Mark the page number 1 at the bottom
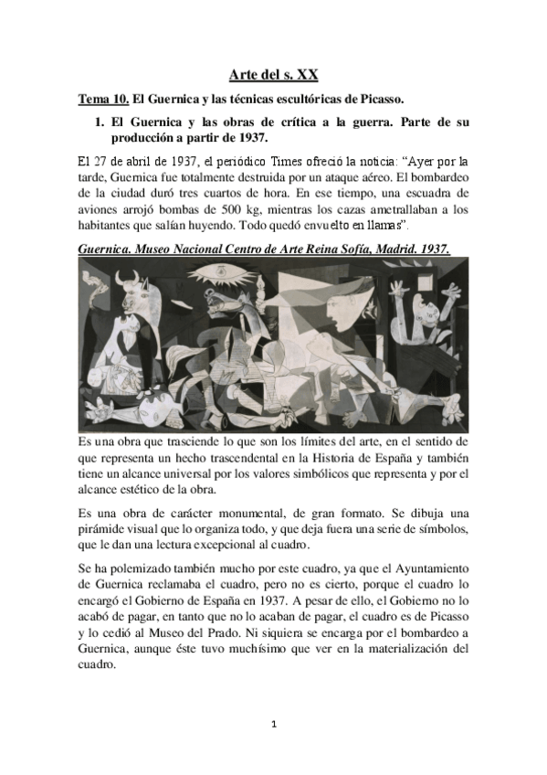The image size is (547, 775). coord(273,726)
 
